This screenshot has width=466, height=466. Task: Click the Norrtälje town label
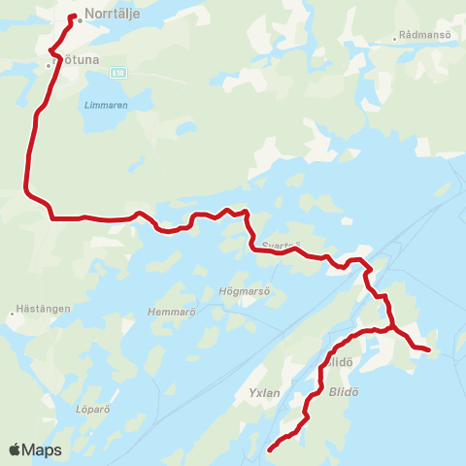pos(112,15)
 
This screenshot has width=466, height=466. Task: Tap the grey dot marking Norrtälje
pos(80,20)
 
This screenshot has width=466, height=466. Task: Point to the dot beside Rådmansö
pos(395,39)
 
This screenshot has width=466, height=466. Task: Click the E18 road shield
pos(118,72)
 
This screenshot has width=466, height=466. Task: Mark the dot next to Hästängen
pos(13,314)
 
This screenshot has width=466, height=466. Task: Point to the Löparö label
pos(92,409)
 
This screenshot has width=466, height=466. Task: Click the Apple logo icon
pos(15,449)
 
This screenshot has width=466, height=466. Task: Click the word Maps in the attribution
pos(43,450)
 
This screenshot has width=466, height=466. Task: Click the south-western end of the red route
pos(269,450)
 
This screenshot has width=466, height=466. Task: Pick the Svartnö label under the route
pos(283,246)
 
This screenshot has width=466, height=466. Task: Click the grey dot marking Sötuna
pos(48,65)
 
